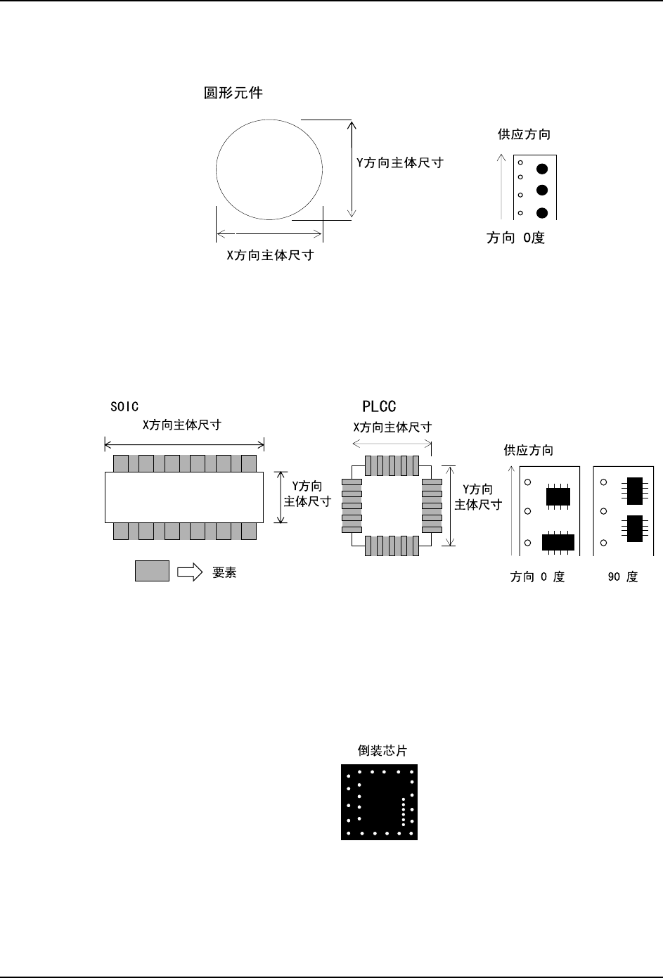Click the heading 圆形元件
coord(233,93)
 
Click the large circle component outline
coord(269,169)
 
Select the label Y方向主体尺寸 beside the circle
coord(400,162)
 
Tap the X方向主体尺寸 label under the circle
coord(269,255)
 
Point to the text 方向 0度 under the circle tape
coord(515,238)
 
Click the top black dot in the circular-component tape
coord(541,169)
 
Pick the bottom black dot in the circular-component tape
coord(541,213)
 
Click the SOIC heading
coord(124,406)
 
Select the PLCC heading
coord(379,406)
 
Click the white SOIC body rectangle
coord(184,496)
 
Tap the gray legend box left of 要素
coord(152,571)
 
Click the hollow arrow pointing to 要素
coord(189,572)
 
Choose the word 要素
coord(224,572)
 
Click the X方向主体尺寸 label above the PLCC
coord(392,427)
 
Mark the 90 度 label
coord(622,577)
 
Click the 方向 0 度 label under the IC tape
coord(537,577)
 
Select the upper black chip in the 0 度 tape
coord(558,496)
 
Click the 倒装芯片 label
coord(382,751)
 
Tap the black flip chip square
coord(379,802)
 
